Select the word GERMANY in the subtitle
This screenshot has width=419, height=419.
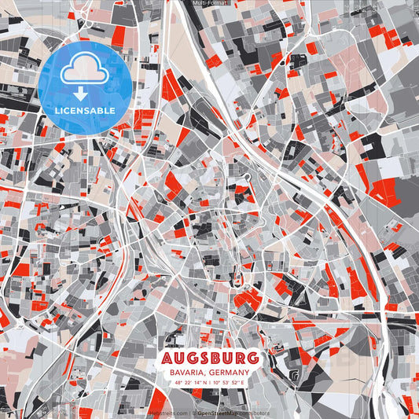tap(230, 373)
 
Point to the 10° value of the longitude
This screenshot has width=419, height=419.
tap(222, 383)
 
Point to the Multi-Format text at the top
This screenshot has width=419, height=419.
tap(209, 4)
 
